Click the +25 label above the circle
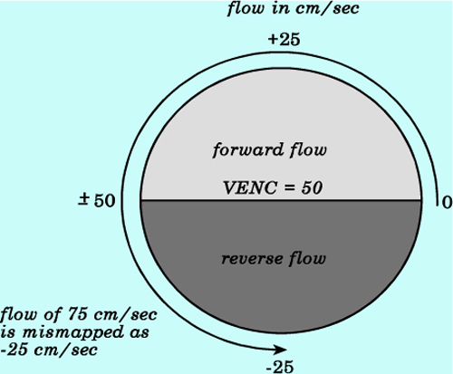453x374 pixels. tap(284, 40)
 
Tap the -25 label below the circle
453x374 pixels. tap(280, 367)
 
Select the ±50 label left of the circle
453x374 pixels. tap(97, 200)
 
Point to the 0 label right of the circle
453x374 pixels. tap(448, 202)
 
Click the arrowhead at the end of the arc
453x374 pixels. tap(281, 350)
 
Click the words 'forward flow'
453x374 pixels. tap(269, 150)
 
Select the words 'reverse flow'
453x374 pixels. tap(274, 259)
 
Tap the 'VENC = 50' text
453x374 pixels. tap(273, 187)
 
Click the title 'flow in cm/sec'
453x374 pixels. tap(293, 9)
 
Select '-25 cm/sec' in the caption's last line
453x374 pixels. tap(49, 350)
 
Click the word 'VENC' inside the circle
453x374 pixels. tap(250, 187)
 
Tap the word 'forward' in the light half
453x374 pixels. tap(248, 150)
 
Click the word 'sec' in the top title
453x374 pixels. tap(346, 9)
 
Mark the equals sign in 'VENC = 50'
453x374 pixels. tap(289, 188)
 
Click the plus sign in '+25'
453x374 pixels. tap(273, 39)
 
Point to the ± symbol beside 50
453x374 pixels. tap(84, 200)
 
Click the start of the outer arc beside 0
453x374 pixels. tap(438, 206)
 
